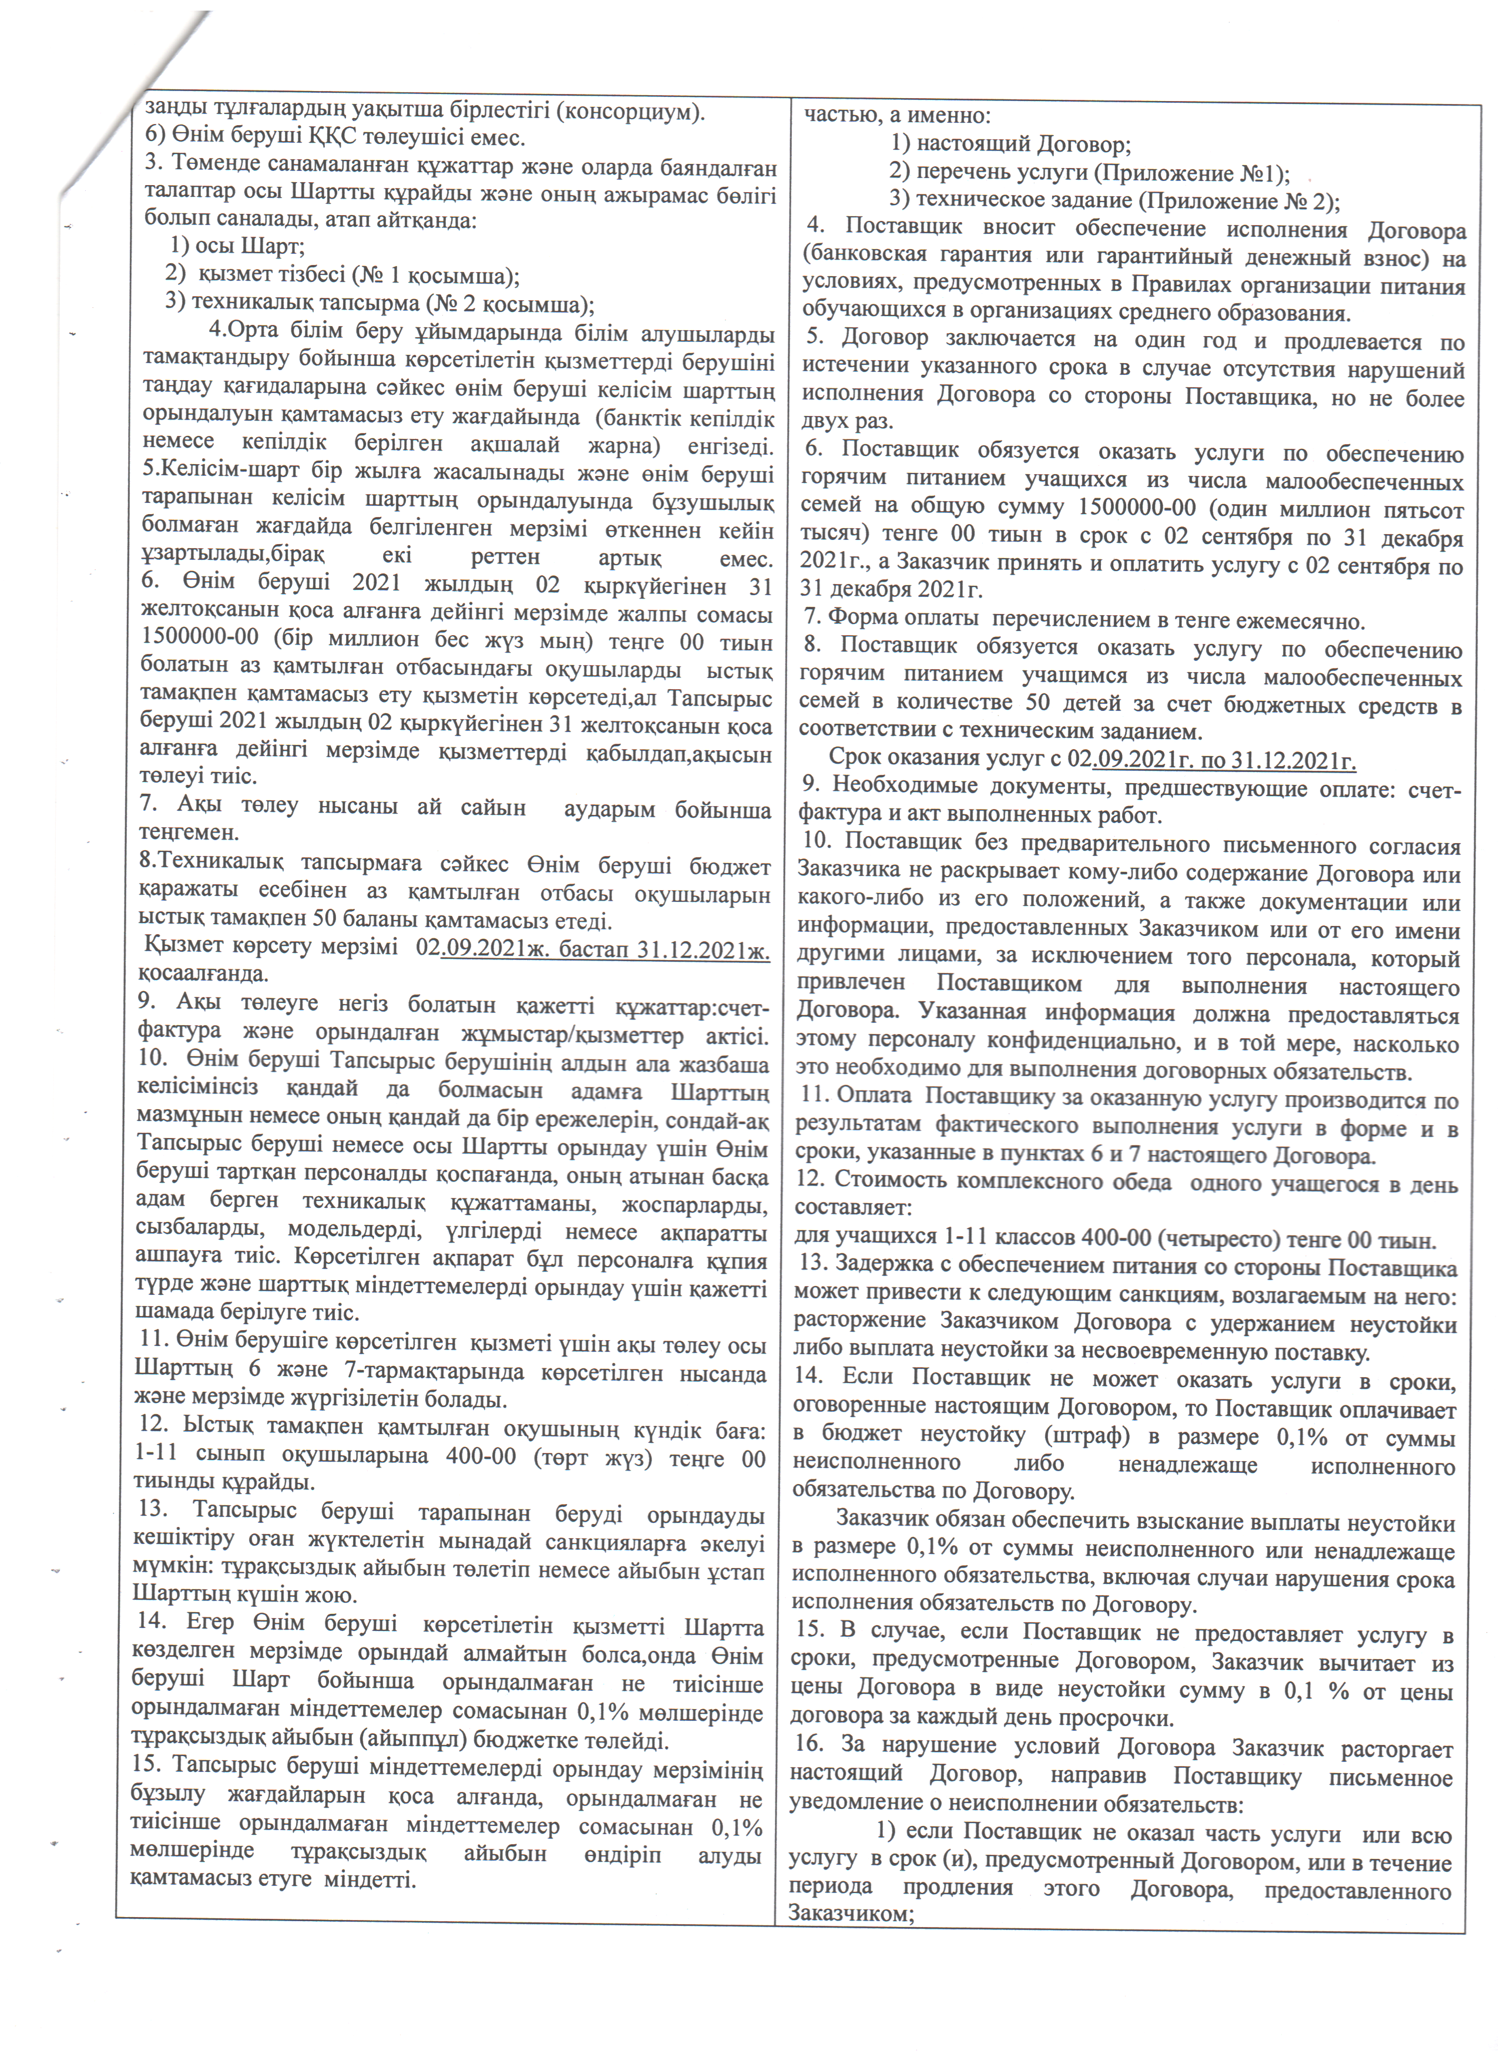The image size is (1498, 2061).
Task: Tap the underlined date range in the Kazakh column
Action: pyautogui.click(x=604, y=949)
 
